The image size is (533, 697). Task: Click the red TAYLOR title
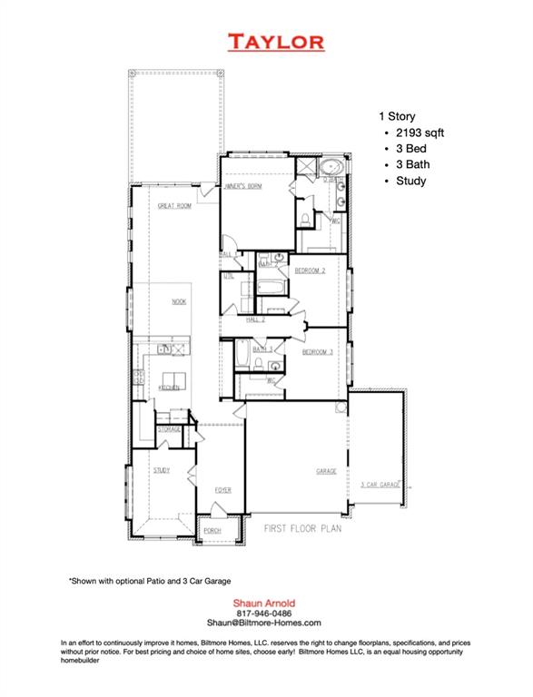[275, 41]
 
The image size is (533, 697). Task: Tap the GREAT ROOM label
[174, 206]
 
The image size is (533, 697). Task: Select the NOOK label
[180, 301]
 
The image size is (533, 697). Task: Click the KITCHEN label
[170, 388]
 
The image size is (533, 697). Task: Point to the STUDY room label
[162, 470]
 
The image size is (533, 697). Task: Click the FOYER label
[223, 490]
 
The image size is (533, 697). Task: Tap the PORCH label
[212, 530]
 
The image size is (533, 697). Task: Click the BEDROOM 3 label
[318, 351]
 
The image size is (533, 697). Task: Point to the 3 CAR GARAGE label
[380, 486]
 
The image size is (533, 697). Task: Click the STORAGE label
[169, 429]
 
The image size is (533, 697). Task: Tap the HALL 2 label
[255, 319]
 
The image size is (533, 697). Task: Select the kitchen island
[174, 378]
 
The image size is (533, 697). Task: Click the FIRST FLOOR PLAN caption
[302, 527]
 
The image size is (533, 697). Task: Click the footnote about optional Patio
[150, 579]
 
